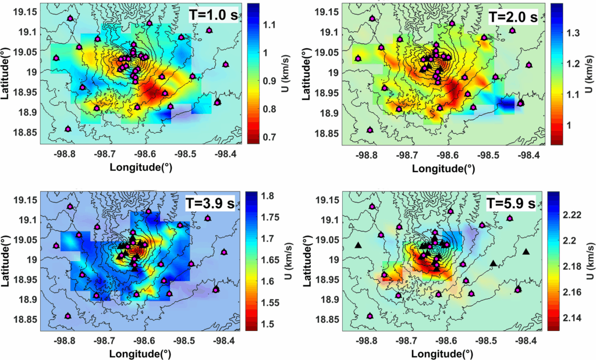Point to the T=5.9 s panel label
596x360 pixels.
[x=513, y=204]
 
